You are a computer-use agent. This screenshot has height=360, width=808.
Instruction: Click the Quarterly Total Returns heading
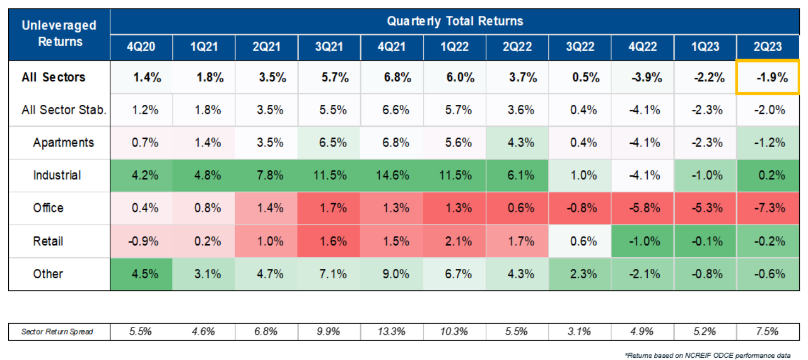(x=454, y=21)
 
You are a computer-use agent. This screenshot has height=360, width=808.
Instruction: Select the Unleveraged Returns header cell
(x=59, y=33)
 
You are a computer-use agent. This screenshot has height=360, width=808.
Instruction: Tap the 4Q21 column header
(x=391, y=47)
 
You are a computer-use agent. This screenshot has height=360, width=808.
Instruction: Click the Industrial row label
(x=57, y=176)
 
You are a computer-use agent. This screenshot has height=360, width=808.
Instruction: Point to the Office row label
(x=48, y=208)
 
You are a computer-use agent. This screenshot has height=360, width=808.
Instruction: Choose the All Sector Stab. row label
(x=64, y=110)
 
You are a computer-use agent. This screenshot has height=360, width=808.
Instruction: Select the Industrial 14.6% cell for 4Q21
(x=391, y=176)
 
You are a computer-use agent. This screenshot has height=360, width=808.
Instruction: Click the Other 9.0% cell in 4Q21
(x=391, y=274)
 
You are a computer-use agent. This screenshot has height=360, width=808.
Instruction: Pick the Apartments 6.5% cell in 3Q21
(x=329, y=143)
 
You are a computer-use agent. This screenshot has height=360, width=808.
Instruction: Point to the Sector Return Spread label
(x=57, y=331)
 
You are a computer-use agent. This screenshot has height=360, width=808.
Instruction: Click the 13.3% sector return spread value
(x=391, y=331)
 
